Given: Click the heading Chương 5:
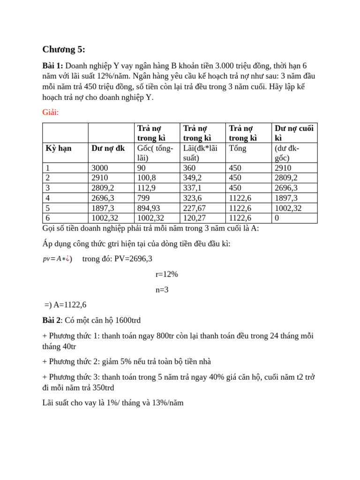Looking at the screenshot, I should [x=64, y=50].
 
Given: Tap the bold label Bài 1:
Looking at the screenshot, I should [x=52, y=66].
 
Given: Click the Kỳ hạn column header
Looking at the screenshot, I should [x=59, y=148].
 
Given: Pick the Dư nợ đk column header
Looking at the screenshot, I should [x=108, y=148].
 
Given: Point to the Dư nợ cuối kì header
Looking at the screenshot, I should [x=294, y=133].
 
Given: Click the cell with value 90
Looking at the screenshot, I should [x=142, y=168].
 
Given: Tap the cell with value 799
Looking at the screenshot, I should [x=143, y=198].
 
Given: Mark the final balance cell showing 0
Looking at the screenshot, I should [x=277, y=218].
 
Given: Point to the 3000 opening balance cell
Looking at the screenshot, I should [x=99, y=168].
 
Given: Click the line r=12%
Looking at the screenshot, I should [x=166, y=274].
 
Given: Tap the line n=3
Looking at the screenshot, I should [x=162, y=290].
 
